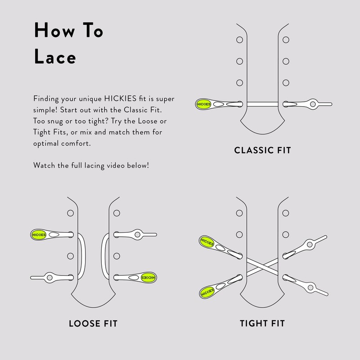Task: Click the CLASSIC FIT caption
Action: [263, 150]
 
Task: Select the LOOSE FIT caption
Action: [96, 323]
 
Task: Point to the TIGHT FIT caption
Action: [262, 323]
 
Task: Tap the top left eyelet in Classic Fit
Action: [239, 40]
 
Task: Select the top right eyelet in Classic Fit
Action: [285, 40]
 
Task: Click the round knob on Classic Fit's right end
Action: [310, 103]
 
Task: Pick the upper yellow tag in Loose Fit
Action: [37, 234]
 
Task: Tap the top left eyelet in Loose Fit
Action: [70, 213]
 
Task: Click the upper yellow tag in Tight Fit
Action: [206, 241]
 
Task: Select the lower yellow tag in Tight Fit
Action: [207, 292]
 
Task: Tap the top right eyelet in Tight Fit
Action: [285, 213]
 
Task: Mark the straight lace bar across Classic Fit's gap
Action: [262, 104]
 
